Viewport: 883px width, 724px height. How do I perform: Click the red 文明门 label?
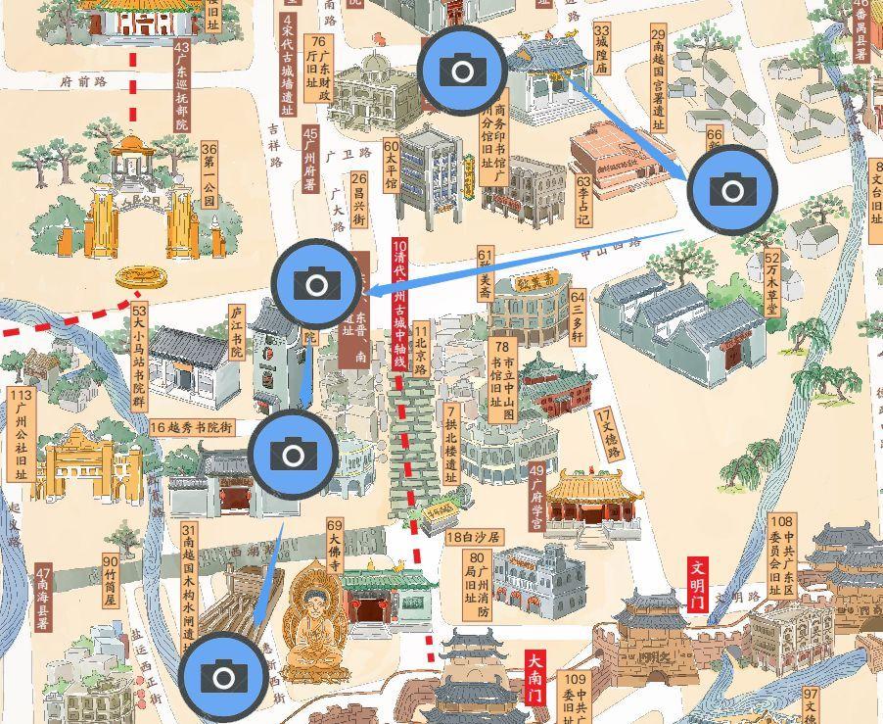coord(698,585)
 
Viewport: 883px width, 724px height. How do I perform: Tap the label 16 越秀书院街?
coord(193,427)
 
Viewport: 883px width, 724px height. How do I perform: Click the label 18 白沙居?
coord(474,537)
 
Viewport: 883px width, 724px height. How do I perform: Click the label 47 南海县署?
coord(43,599)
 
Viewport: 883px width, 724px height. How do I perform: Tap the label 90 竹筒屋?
coord(110,580)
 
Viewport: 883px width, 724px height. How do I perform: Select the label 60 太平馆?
coord(391,165)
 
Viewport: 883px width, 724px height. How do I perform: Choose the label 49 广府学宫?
coord(535,498)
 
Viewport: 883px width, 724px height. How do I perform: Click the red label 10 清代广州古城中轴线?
coord(398,304)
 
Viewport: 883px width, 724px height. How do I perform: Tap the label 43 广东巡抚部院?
coord(181,85)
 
